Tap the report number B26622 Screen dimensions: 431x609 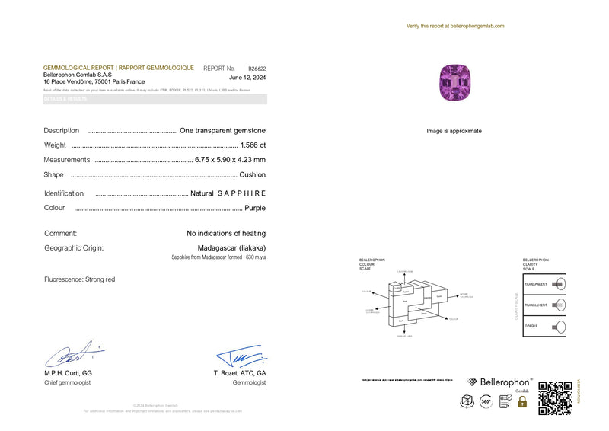click(x=257, y=68)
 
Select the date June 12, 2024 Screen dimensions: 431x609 click(x=247, y=78)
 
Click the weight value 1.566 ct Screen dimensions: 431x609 click(x=253, y=145)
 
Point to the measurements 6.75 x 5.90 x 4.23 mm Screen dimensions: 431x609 click(x=230, y=160)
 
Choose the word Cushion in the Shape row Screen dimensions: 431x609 click(x=253, y=174)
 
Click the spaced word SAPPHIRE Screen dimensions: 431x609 click(x=241, y=193)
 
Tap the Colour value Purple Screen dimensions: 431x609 click(x=255, y=208)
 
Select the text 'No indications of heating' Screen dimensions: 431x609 click(x=226, y=233)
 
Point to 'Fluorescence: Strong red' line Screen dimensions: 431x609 click(x=80, y=279)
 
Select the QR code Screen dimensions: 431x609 click(x=555, y=397)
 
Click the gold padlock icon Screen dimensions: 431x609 click(x=522, y=401)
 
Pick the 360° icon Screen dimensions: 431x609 click(x=486, y=401)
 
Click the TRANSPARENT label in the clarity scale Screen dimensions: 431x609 click(x=536, y=284)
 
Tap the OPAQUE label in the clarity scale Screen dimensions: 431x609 click(x=531, y=326)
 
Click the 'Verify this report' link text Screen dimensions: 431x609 click(x=455, y=26)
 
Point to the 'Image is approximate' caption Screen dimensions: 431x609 click(x=454, y=131)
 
